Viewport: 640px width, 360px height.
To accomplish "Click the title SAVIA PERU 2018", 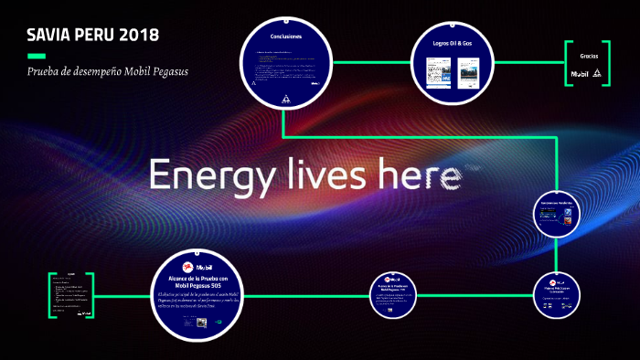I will coord(92,36).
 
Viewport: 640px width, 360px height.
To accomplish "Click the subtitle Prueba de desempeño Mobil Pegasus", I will coord(108,71).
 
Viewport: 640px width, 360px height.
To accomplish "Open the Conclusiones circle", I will coord(284,62).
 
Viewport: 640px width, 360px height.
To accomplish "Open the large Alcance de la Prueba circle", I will coord(197,295).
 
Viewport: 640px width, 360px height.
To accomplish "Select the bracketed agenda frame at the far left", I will coord(72,295).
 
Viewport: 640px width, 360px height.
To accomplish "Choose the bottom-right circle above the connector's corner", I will coord(558,295).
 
